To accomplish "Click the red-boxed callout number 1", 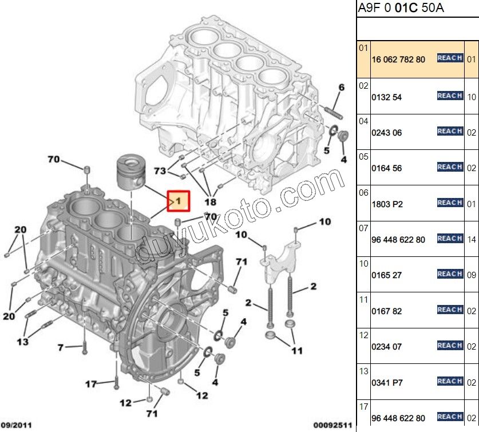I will click(x=177, y=201).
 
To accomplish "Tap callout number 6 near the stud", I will click(x=342, y=88).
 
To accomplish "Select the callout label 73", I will click(x=160, y=171).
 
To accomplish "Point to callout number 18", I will click(x=210, y=201).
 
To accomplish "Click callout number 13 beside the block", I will click(x=22, y=342).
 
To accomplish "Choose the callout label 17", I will click(x=91, y=384).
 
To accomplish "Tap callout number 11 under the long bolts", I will click(x=296, y=350).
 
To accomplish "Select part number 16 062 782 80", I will click(x=398, y=60).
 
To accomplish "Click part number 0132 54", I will click(x=387, y=97).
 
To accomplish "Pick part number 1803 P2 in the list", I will click(x=387, y=204).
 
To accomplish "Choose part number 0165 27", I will click(x=387, y=275).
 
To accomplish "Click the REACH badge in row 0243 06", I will click(x=450, y=131).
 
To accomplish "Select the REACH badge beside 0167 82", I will click(x=450, y=310).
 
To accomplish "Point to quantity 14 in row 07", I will click(x=472, y=240).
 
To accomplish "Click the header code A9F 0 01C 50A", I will click(x=401, y=8).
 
